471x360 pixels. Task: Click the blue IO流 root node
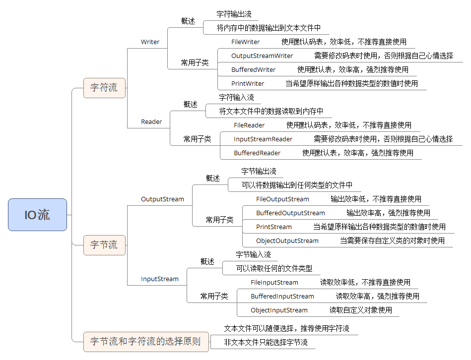pos(38,215)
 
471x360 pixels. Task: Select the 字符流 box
pos(104,88)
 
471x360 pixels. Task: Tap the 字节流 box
pos(104,245)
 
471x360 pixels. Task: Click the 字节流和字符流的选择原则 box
pos(146,342)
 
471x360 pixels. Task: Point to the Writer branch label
pos(150,42)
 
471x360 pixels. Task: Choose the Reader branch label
pos(151,122)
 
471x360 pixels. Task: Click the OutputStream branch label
pos(162,199)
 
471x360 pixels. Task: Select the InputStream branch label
pos(160,279)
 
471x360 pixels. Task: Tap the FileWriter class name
pos(245,42)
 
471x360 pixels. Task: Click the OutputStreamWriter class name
pos(262,56)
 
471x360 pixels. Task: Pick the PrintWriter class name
pos(248,83)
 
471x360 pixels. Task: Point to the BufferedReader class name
pos(257,153)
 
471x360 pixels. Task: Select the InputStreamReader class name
pos(263,139)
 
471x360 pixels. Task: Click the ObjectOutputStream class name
pos(287,240)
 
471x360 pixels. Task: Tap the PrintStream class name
pos(274,227)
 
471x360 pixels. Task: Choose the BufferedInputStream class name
pos(282,297)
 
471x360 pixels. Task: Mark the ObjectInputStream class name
pos(279,310)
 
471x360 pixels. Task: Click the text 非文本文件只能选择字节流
pos(266,342)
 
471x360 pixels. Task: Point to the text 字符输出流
pos(234,14)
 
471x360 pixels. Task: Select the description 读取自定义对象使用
pos(361,310)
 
